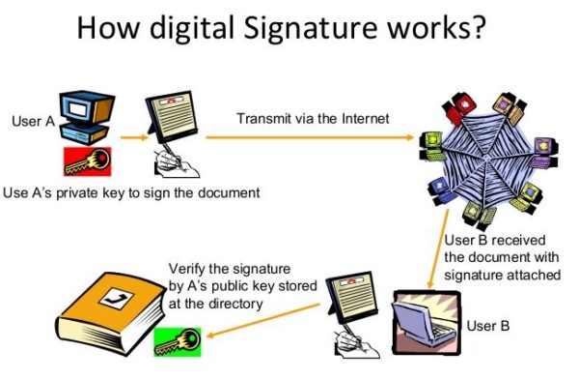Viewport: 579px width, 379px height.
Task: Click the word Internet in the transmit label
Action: click(x=360, y=119)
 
